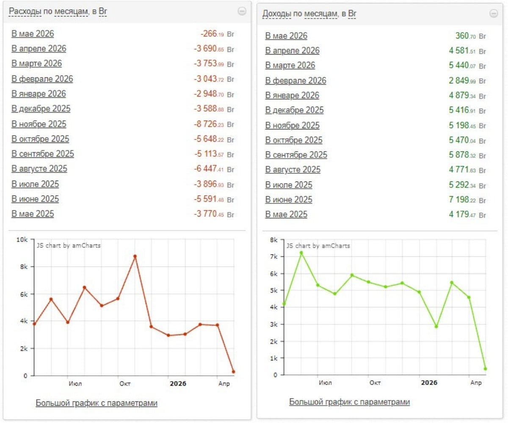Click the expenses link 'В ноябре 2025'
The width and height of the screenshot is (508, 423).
[39, 124]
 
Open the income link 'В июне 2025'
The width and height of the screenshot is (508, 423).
[289, 200]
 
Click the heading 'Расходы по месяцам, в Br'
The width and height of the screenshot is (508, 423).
[58, 11]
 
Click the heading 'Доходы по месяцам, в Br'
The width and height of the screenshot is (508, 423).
[309, 14]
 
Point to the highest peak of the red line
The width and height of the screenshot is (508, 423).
[135, 256]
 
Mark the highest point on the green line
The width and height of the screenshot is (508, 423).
[301, 253]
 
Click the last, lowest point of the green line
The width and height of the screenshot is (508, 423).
[486, 369]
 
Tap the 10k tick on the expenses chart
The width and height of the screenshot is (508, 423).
[22, 240]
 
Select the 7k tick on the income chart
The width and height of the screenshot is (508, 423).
[274, 256]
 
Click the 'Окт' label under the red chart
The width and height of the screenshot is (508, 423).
[125, 384]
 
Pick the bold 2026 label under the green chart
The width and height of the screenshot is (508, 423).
[429, 383]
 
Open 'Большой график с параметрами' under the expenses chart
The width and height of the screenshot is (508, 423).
[97, 403]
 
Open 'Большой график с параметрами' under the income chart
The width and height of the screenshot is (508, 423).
[349, 402]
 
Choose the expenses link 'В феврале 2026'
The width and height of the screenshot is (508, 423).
[42, 79]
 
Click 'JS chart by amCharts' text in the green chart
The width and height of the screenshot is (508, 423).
[318, 246]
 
